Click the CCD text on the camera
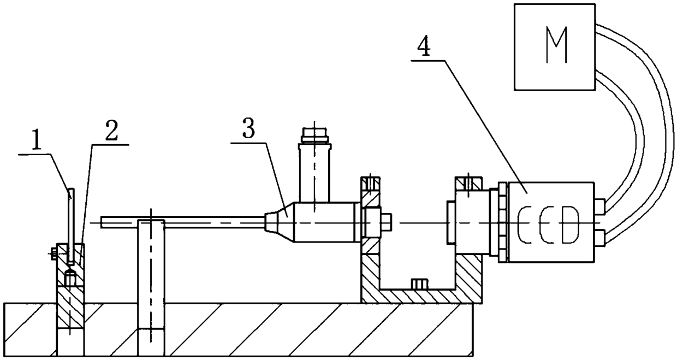click(550, 223)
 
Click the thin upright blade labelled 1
click(71, 219)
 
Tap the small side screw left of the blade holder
click(54, 252)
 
